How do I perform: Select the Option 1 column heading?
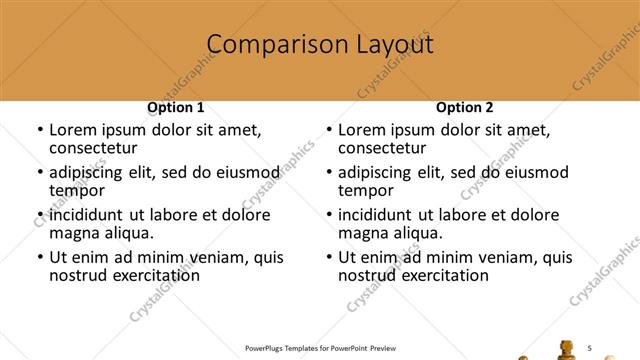pyautogui.click(x=176, y=107)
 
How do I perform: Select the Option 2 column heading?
pyautogui.click(x=465, y=107)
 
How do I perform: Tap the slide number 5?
pyautogui.click(x=590, y=347)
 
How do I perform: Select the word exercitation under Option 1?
pyautogui.click(x=144, y=275)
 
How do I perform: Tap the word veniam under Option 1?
pyautogui.click(x=226, y=257)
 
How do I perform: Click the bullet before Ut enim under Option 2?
pyautogui.click(x=330, y=257)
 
